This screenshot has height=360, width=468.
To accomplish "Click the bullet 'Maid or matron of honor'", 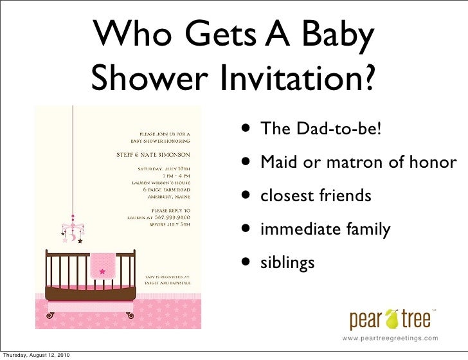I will pyautogui.click(x=358, y=163).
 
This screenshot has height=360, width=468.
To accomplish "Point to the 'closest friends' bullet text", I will pyautogui.click(x=315, y=195).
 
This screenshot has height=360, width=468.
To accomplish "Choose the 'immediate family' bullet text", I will pyautogui.click(x=325, y=229).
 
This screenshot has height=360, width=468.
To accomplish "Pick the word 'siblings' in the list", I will pyautogui.click(x=287, y=262).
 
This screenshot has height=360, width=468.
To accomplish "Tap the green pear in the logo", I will pyautogui.click(x=390, y=319).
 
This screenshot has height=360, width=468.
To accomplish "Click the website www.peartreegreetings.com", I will pyautogui.click(x=390, y=337).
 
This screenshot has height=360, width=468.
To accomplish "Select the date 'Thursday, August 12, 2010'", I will pyautogui.click(x=36, y=355).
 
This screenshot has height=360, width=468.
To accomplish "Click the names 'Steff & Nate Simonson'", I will pyautogui.click(x=152, y=155).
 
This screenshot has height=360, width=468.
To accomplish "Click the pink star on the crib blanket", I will pyautogui.click(x=101, y=271).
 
